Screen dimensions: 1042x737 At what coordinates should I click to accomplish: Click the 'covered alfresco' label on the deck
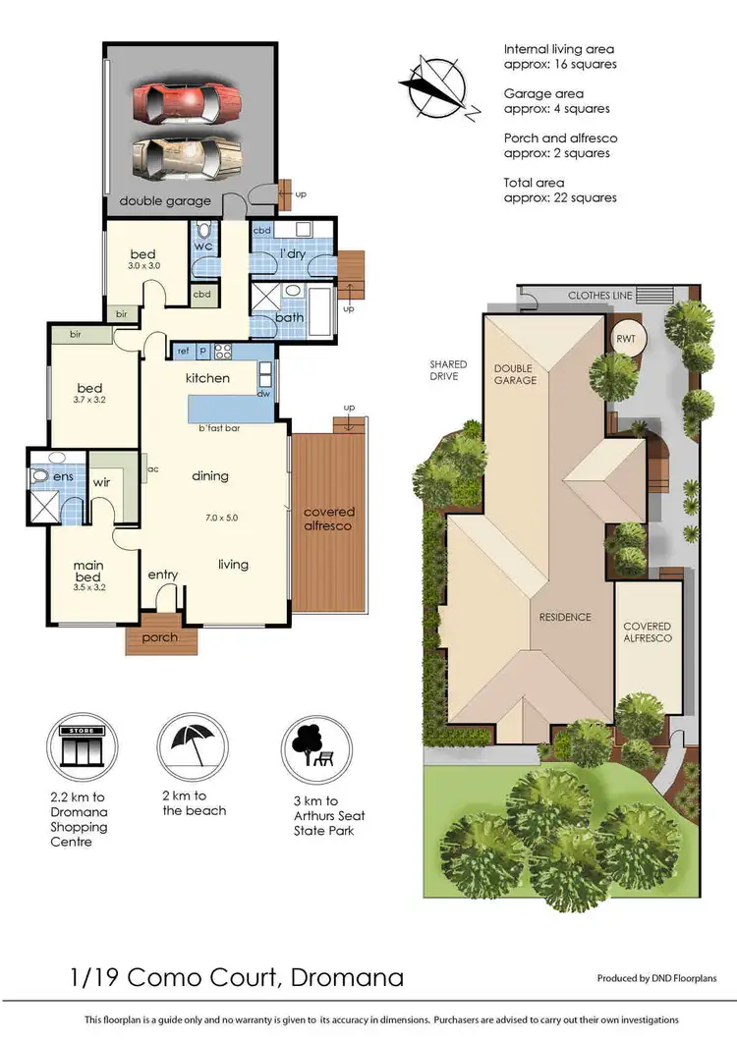point(329,520)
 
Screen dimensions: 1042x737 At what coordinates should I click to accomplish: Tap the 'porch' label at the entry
point(160,637)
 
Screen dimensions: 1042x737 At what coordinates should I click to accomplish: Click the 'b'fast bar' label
point(219,428)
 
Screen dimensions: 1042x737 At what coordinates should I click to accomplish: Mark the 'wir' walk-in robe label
point(101,482)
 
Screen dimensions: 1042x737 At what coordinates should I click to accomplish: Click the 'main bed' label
point(88,571)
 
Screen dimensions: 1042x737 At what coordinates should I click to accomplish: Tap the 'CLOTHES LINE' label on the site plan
point(597,295)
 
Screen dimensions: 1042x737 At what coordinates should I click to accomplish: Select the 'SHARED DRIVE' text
point(447,370)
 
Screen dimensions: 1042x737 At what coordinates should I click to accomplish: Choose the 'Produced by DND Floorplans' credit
point(656,978)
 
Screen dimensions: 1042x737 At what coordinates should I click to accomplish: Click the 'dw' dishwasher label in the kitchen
point(263,394)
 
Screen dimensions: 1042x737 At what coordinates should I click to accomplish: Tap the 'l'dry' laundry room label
point(294,254)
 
